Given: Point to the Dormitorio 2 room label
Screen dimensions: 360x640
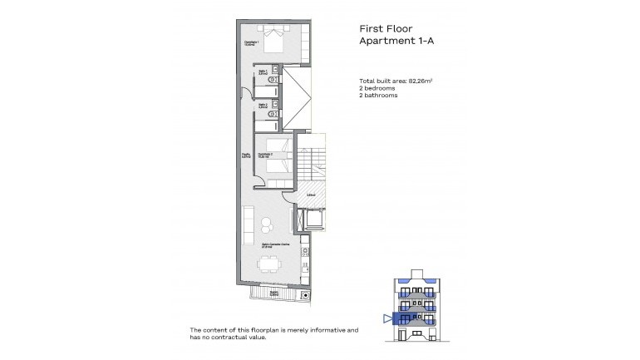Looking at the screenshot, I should click(x=264, y=155).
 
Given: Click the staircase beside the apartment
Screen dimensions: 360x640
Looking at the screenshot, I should click(x=316, y=162).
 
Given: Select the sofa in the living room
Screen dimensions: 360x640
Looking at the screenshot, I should click(x=249, y=225).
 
